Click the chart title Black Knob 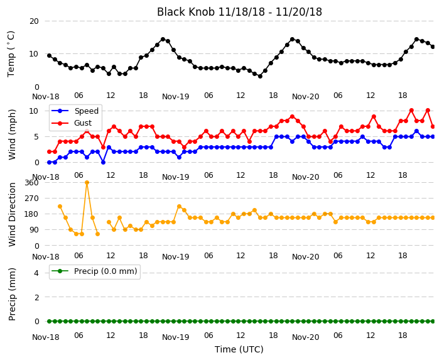click(x=185, y=12)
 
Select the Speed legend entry click(x=75, y=111)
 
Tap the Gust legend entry click(x=72, y=123)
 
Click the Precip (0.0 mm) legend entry click(x=95, y=271)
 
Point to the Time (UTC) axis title click(x=239, y=349)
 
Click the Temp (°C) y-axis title click(x=11, y=54)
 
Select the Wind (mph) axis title click(x=12, y=134)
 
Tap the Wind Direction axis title click(x=12, y=214)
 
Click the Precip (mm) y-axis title click(x=12, y=294)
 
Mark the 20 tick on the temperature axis click(x=34, y=21)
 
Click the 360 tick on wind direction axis click(x=31, y=183)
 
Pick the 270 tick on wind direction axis click(x=31, y=199)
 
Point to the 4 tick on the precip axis click(x=36, y=273)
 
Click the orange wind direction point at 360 click(x=87, y=183)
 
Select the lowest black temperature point click(x=260, y=76)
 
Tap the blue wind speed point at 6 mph click(x=417, y=131)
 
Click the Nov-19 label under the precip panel click(x=176, y=337)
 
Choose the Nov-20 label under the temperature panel click(x=306, y=97)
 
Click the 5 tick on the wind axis click(x=36, y=137)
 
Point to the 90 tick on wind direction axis click(x=34, y=230)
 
